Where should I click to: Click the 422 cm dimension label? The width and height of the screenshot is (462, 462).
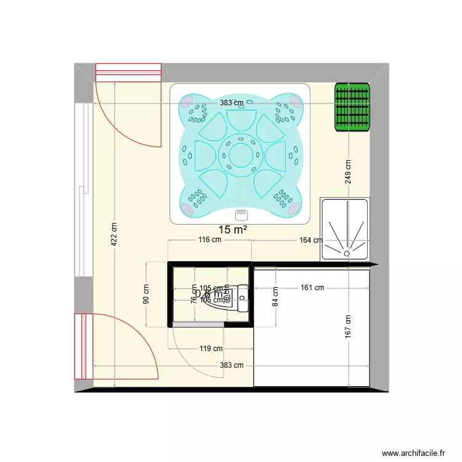click(x=115, y=233)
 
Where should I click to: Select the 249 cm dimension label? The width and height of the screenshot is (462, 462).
click(x=348, y=172)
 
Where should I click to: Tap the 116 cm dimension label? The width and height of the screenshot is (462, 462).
click(x=209, y=240)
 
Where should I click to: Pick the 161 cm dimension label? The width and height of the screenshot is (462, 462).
click(x=312, y=288)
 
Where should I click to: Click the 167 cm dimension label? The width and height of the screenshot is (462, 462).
click(x=348, y=326)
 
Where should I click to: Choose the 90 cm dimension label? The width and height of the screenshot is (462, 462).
click(x=147, y=294)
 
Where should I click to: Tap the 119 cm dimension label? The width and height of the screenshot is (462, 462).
click(x=211, y=349)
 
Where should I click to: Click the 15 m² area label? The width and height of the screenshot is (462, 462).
click(x=233, y=230)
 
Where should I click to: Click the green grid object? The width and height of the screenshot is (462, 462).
click(x=353, y=107)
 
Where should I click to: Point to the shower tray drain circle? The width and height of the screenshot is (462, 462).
click(x=347, y=252)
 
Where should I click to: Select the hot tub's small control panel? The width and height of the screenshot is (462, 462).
click(x=241, y=215)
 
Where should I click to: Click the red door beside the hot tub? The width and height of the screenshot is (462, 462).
click(x=128, y=105)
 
